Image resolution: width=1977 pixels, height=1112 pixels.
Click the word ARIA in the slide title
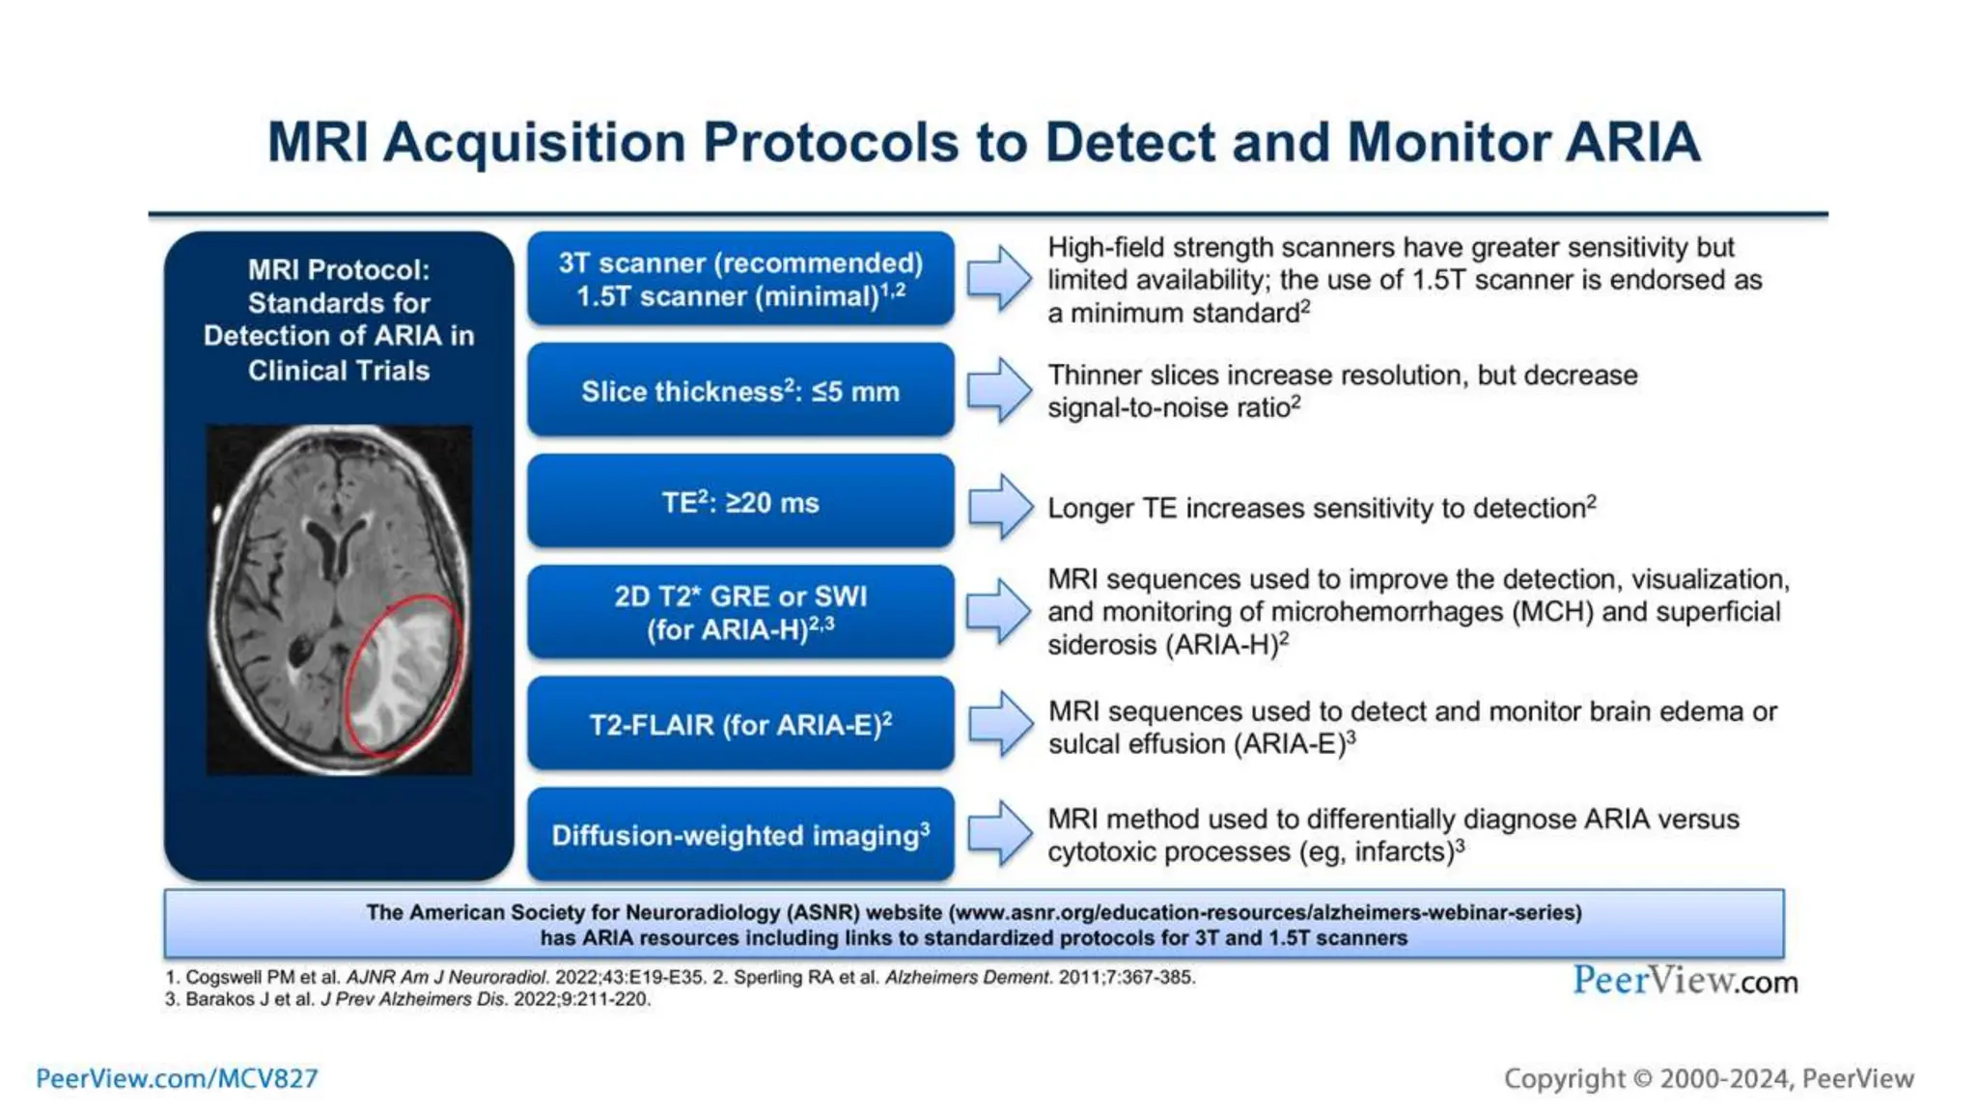click(1631, 143)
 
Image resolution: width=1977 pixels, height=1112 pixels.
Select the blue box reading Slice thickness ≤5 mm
click(740, 391)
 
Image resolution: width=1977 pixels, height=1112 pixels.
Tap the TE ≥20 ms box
click(740, 502)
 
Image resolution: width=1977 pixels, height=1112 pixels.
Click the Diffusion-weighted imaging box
click(740, 835)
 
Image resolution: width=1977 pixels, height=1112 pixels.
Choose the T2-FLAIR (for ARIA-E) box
click(740, 724)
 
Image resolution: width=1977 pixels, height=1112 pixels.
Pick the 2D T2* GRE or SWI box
click(740, 612)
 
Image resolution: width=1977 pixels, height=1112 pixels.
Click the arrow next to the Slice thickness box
click(1000, 390)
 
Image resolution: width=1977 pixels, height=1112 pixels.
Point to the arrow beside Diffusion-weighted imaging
click(1000, 833)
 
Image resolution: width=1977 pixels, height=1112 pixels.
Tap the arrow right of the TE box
click(1000, 506)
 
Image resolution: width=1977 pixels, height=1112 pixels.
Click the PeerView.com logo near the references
click(1685, 981)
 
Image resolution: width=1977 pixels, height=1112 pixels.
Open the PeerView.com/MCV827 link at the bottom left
click(177, 1078)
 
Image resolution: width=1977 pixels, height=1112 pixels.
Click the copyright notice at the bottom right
click(1709, 1078)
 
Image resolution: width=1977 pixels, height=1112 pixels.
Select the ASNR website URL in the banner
click(1265, 912)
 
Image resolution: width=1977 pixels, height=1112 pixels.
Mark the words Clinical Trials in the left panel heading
click(339, 371)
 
